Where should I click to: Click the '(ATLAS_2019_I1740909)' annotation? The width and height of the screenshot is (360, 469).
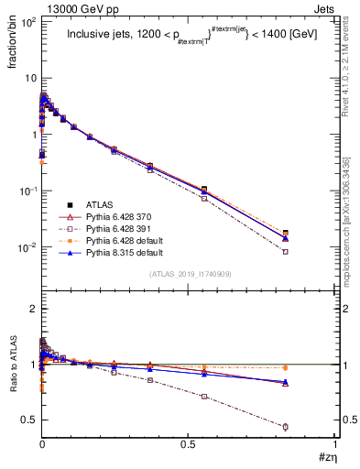(189, 274)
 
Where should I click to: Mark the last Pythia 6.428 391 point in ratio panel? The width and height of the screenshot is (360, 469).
(311, 427)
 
